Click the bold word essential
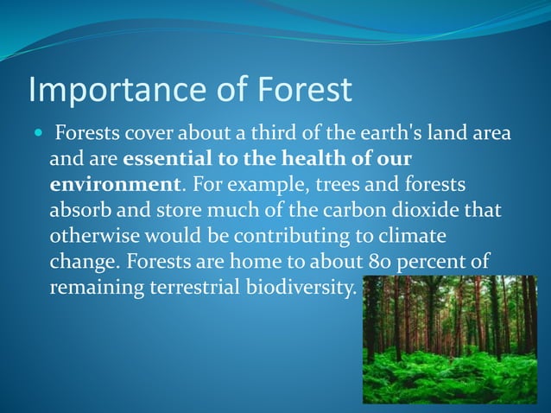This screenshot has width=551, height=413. pos(165,161)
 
